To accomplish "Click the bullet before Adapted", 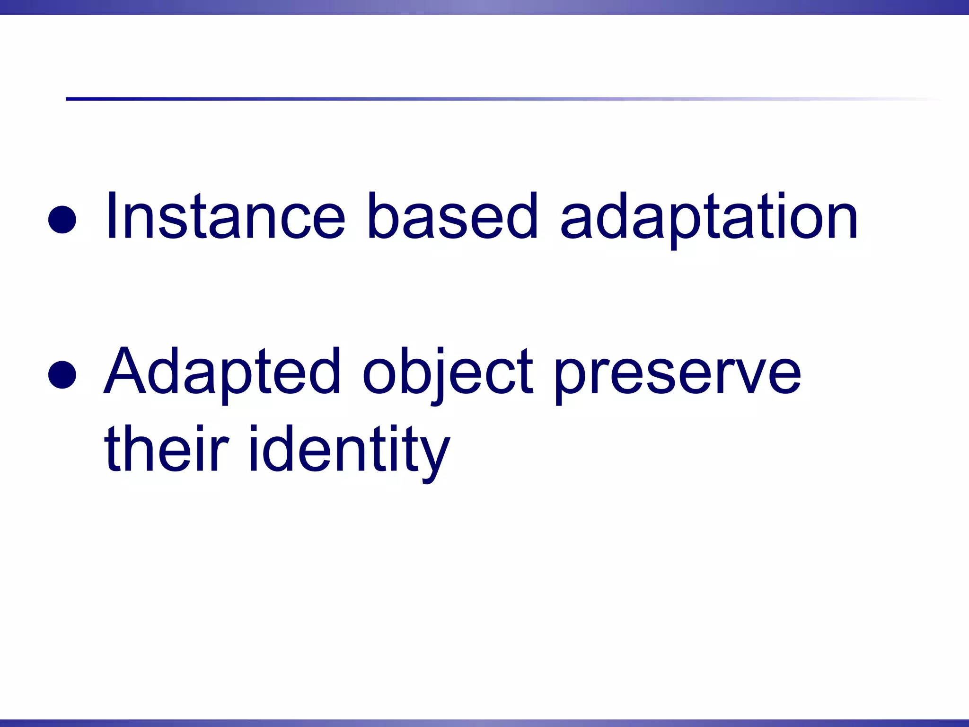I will click(x=62, y=374).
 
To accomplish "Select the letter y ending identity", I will click(x=433, y=457).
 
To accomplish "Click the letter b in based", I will click(x=382, y=215).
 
